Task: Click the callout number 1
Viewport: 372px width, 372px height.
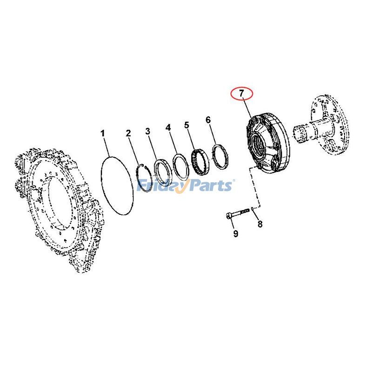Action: point(103,134)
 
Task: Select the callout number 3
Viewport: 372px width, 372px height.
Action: point(148,131)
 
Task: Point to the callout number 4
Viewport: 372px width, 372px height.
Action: point(168,127)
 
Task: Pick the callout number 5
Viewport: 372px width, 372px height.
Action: point(187,125)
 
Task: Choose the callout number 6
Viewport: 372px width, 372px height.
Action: point(208,120)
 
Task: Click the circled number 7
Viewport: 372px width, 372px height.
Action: point(242,93)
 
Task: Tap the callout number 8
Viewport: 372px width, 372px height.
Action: point(260,224)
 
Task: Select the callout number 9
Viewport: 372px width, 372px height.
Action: point(236,234)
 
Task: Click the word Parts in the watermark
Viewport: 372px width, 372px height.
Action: point(208,186)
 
